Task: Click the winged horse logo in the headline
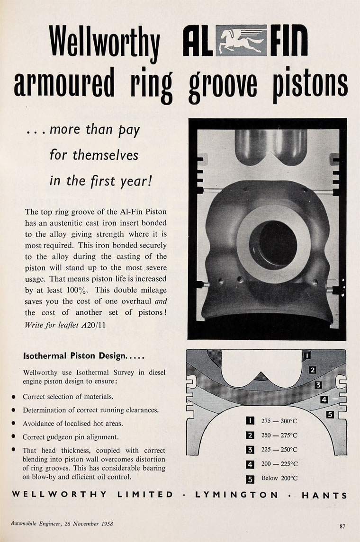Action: (x=240, y=41)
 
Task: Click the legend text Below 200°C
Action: (x=279, y=478)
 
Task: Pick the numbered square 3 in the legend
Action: (x=251, y=450)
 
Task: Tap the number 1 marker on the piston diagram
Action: (x=307, y=355)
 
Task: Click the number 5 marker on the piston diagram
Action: (x=331, y=415)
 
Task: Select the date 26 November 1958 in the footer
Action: (x=84, y=524)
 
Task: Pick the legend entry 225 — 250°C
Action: (x=279, y=450)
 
